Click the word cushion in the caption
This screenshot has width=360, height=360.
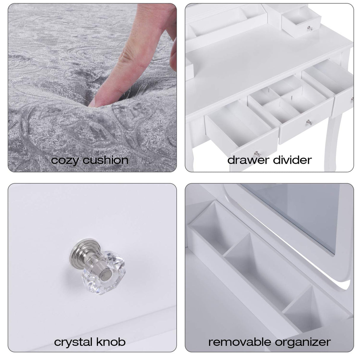[106, 160]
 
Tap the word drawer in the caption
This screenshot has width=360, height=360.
[248, 160]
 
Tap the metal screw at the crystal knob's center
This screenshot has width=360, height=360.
[106, 274]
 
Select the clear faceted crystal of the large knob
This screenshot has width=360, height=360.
[103, 273]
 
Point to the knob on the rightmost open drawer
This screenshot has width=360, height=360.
[352, 99]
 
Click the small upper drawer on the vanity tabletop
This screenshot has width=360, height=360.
[301, 23]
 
